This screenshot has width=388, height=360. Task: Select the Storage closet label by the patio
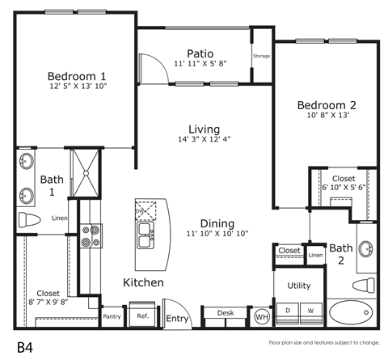[x=261, y=56]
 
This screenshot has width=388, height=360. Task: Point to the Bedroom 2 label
[x=326, y=104]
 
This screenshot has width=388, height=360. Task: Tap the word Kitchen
[x=143, y=283]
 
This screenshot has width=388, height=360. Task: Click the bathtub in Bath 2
[x=352, y=311]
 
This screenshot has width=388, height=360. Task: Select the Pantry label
[x=112, y=316]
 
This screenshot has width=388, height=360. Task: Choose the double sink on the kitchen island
[x=147, y=235]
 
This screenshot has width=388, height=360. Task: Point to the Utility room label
[x=298, y=286]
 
